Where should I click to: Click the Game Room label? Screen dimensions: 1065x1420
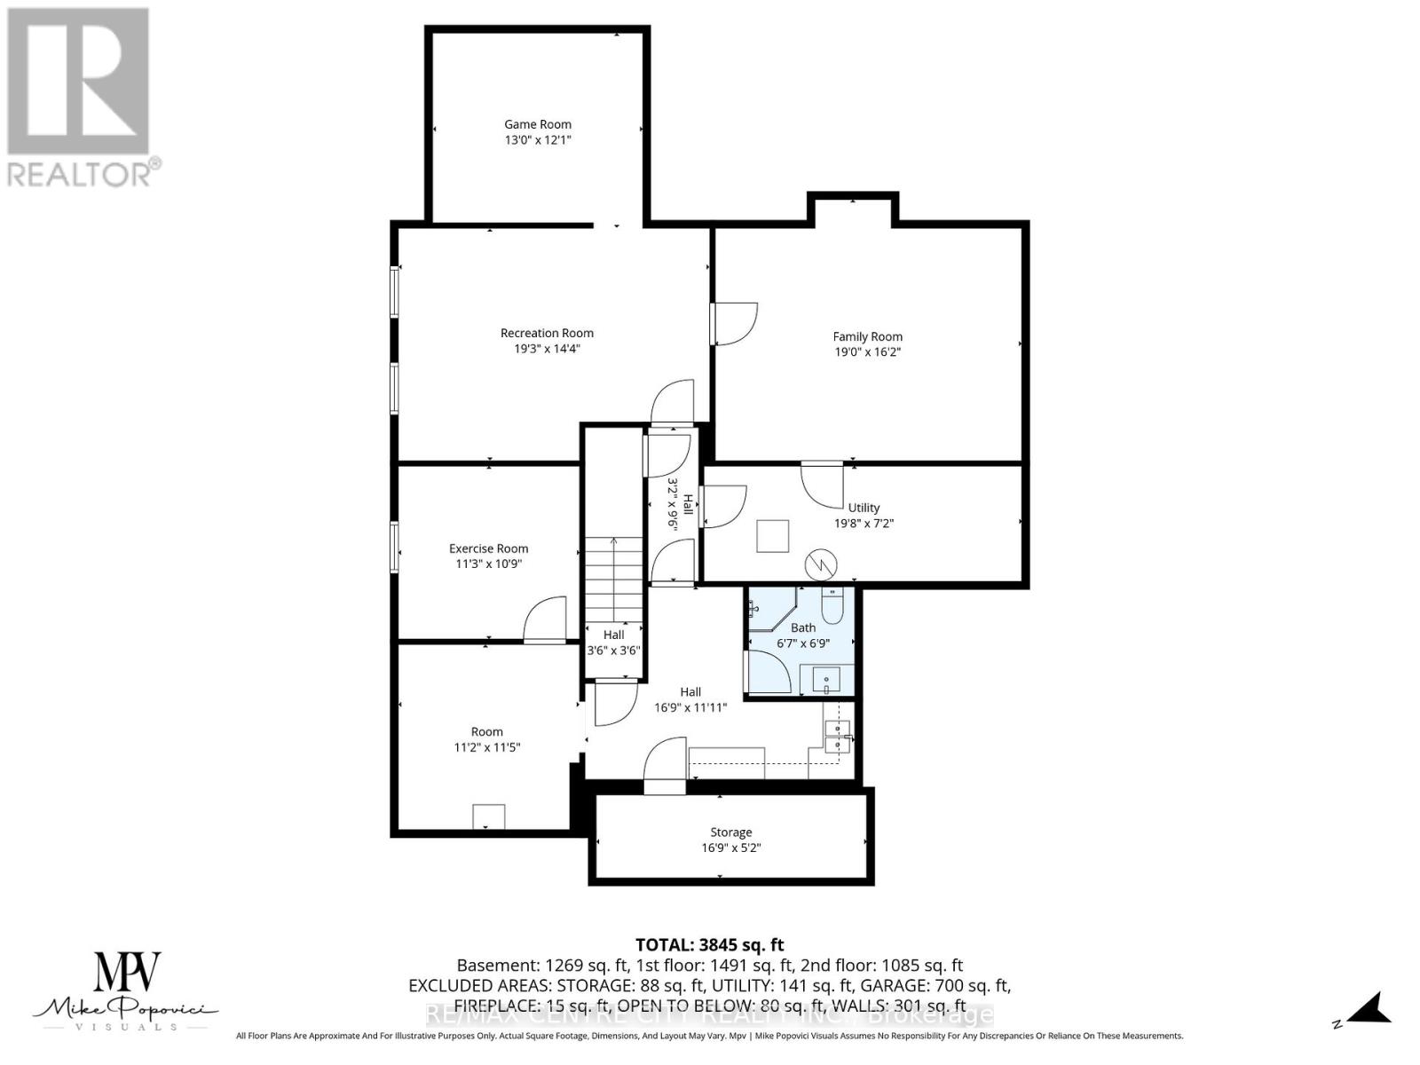538,124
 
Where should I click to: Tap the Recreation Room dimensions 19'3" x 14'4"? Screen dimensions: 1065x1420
547,349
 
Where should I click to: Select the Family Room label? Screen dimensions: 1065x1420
867,336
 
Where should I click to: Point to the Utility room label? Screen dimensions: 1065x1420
864,508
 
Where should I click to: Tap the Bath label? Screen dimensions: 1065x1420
803,627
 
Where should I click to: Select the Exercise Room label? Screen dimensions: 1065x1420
488,548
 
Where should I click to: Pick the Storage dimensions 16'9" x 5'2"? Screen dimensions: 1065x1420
731,848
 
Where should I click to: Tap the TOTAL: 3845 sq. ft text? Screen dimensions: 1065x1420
710,945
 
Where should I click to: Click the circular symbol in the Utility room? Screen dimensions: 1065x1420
821,564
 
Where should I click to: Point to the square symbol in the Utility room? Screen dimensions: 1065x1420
772,536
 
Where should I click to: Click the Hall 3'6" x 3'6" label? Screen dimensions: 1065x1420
613,642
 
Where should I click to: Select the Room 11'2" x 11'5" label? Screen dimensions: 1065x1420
486,739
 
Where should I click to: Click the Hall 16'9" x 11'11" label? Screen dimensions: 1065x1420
690,699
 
